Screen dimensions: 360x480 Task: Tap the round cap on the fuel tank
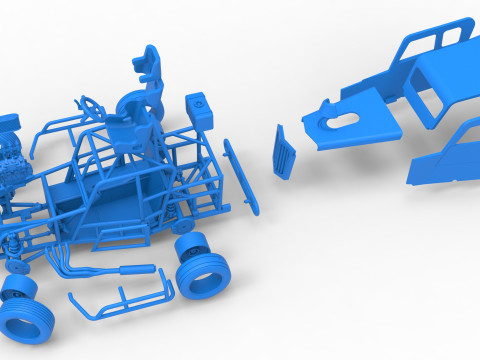pos(199,101)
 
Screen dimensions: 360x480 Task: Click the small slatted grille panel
pos(285,152)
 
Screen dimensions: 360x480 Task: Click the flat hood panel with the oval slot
pos(355,125)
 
